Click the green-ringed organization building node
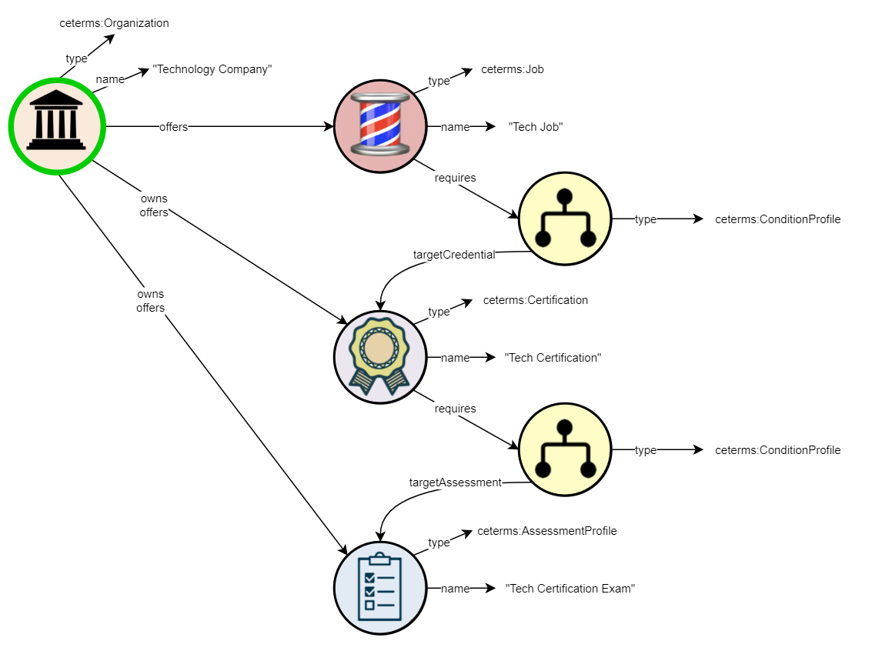click(56, 127)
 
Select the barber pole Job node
click(380, 126)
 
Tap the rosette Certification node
click(380, 357)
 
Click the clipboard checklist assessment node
click(380, 588)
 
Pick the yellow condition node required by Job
click(565, 219)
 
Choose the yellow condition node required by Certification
click(565, 449)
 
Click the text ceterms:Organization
click(114, 23)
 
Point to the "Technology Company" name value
click(212, 69)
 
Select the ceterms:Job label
click(513, 69)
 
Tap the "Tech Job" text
click(535, 127)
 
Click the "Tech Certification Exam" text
click(570, 589)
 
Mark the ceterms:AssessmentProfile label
click(546, 531)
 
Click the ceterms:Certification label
click(535, 300)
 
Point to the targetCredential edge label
click(454, 255)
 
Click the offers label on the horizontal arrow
click(173, 127)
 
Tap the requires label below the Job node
click(455, 178)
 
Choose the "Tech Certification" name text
click(552, 358)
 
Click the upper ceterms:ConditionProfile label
click(777, 219)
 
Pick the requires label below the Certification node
click(455, 409)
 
